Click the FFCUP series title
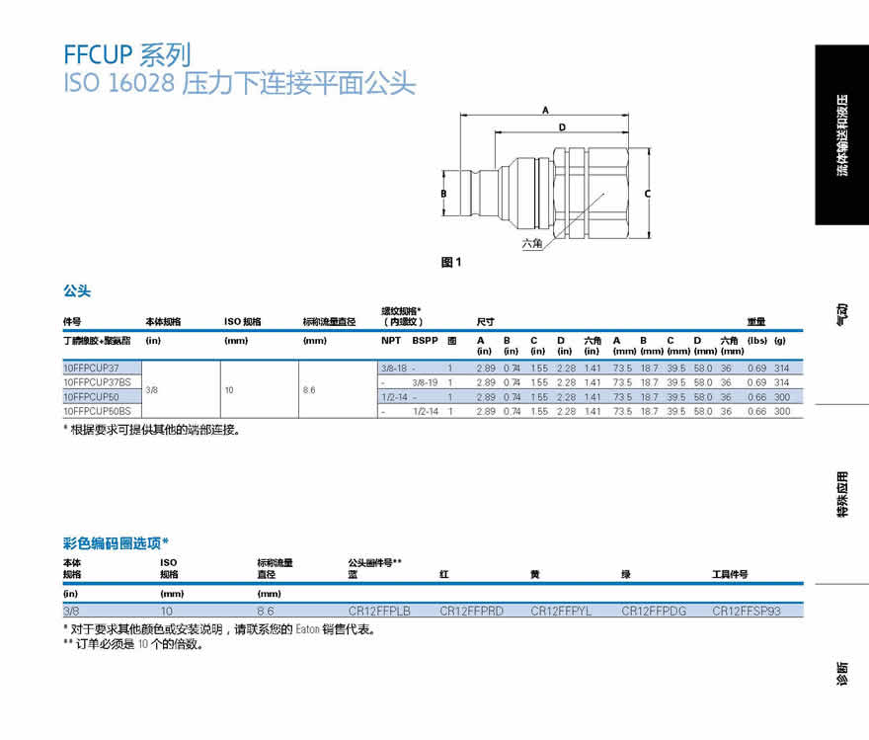pyautogui.click(x=126, y=53)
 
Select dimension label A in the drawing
pyautogui.click(x=544, y=112)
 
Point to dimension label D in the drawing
pyautogui.click(x=561, y=127)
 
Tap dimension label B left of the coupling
pyautogui.click(x=444, y=194)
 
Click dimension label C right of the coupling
pyautogui.click(x=647, y=194)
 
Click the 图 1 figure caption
pyautogui.click(x=451, y=262)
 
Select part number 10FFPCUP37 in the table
pyautogui.click(x=91, y=367)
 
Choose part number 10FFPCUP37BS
pyautogui.click(x=97, y=381)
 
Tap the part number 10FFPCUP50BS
pyautogui.click(x=97, y=410)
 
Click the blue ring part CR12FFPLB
pyautogui.click(x=379, y=612)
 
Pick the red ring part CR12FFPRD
pyautogui.click(x=471, y=612)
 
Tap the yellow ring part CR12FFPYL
pyautogui.click(x=561, y=612)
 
